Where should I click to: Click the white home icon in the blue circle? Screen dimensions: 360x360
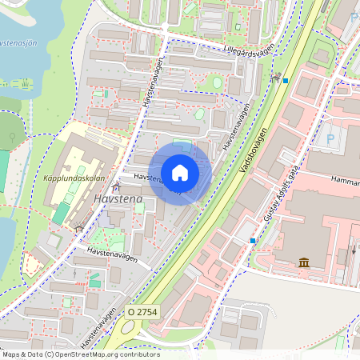click(180, 172)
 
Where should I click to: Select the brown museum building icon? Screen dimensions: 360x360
click(304, 262)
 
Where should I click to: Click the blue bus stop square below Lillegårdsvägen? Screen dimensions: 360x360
click(285, 79)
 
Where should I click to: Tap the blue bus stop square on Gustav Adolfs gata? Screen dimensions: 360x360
click(253, 240)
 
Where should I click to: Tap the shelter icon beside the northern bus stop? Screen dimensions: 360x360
click(276, 77)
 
